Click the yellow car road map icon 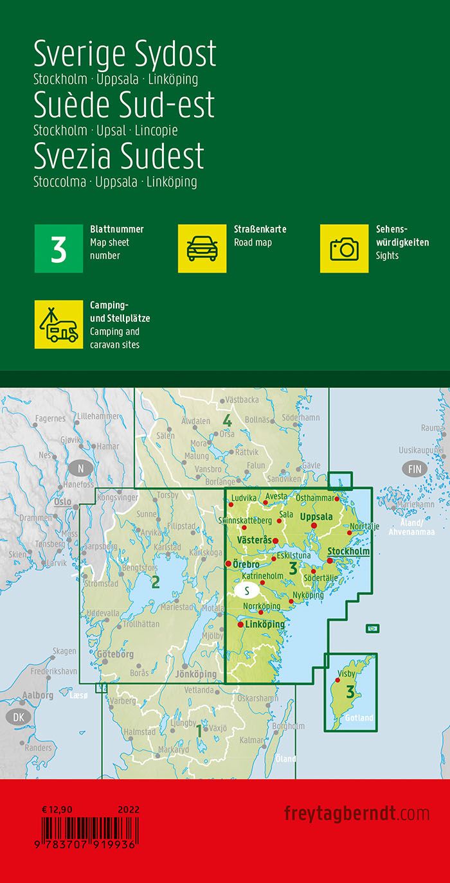pyautogui.click(x=202, y=249)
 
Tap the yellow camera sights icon pyautogui.click(x=344, y=249)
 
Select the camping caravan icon pyautogui.click(x=59, y=325)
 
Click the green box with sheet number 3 pyautogui.click(x=59, y=249)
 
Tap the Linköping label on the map pyautogui.click(x=265, y=624)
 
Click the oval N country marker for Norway pyautogui.click(x=80, y=467)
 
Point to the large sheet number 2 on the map pyautogui.click(x=155, y=583)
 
